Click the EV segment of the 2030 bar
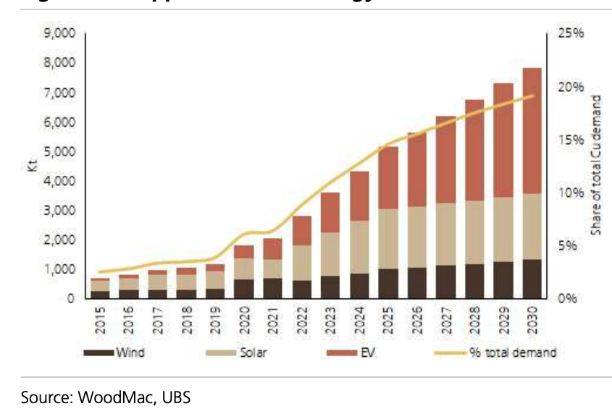532,130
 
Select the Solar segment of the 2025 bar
388,239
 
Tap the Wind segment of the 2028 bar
474,281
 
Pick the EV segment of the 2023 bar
331,212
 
